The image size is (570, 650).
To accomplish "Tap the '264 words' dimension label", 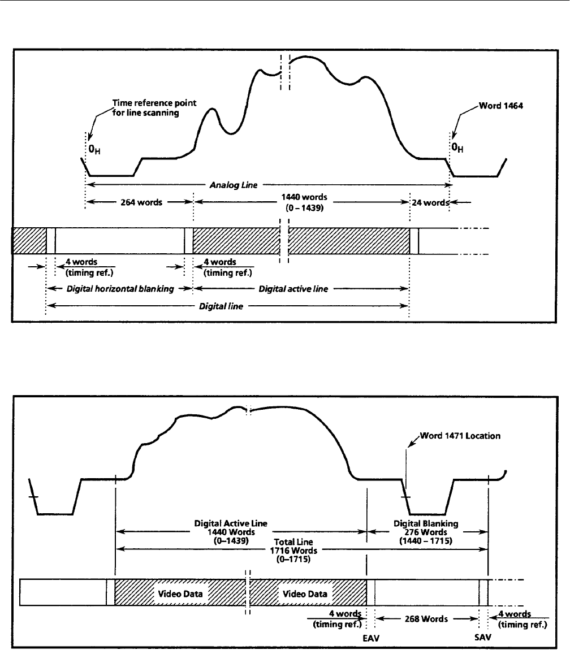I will point(140,202).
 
